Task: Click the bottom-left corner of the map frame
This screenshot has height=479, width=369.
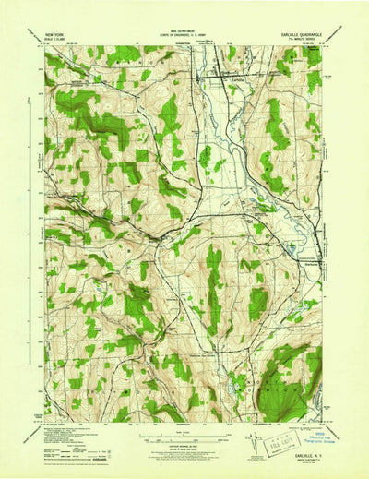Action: coord(45,422)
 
